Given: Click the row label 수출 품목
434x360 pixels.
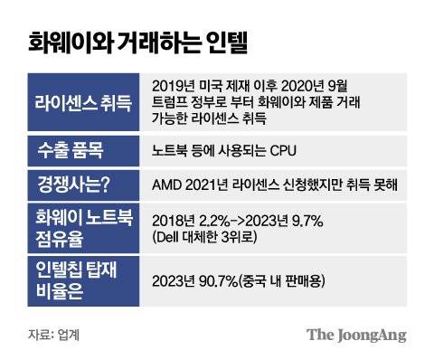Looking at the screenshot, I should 69,149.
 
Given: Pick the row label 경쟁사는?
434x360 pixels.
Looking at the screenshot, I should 73,185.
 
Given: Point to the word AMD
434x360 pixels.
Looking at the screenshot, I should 170,186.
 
